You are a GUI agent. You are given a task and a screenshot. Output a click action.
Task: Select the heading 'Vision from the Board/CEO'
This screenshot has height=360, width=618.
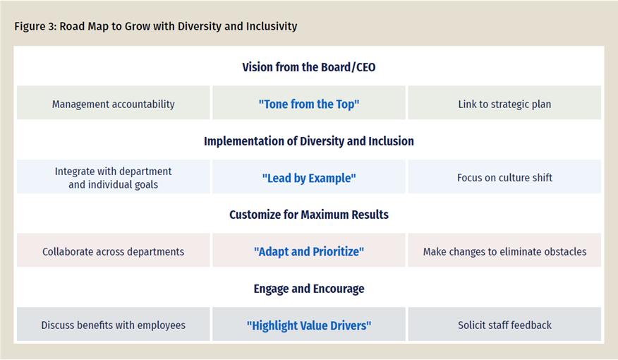point(309,67)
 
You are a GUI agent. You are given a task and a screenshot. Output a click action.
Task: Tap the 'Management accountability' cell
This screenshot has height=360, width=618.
point(114,104)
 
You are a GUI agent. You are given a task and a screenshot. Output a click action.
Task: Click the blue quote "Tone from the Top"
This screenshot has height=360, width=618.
point(309,104)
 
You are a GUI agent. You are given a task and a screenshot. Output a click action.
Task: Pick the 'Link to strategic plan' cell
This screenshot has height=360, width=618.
point(504,104)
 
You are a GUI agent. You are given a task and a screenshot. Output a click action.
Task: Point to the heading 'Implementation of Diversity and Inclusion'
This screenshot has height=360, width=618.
point(309,141)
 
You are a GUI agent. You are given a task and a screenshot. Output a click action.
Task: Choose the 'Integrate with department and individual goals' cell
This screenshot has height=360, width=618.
point(114,178)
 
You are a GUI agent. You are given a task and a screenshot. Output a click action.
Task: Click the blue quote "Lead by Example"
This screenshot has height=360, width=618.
point(309,178)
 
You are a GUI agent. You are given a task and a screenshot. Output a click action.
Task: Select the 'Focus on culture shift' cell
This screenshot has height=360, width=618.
point(504,178)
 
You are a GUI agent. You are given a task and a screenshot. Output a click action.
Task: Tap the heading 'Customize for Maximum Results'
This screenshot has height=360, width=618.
point(309,215)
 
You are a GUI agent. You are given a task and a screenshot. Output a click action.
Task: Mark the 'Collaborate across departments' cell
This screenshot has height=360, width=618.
point(114,251)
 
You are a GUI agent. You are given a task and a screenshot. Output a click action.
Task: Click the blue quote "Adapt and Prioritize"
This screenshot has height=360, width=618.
point(309,251)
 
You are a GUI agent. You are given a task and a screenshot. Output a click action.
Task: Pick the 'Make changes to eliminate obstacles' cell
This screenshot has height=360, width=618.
point(504,251)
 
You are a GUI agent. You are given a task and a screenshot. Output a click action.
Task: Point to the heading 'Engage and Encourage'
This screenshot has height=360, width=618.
point(309,289)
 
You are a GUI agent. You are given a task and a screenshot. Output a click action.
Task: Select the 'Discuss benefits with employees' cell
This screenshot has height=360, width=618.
point(114,325)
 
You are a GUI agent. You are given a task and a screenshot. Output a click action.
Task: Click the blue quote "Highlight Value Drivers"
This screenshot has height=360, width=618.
point(309,325)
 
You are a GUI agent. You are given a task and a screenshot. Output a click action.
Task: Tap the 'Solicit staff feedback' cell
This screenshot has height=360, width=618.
point(504,325)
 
